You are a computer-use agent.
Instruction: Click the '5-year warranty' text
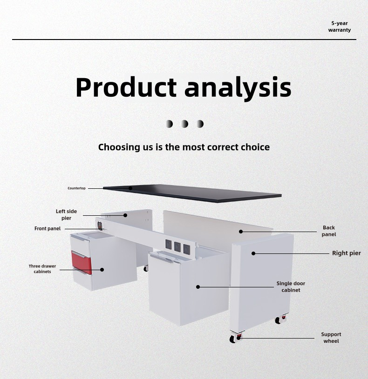click(x=340, y=27)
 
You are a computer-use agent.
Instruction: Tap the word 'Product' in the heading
click(x=126, y=87)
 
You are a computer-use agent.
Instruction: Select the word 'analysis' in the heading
click(x=238, y=88)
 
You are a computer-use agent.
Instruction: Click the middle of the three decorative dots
click(x=184, y=124)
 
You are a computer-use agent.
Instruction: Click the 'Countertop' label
click(x=76, y=188)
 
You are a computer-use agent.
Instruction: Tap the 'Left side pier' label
click(x=66, y=215)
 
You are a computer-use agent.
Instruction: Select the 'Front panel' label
click(x=48, y=229)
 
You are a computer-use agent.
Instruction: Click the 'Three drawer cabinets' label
click(x=42, y=269)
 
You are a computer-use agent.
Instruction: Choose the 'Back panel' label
click(x=329, y=231)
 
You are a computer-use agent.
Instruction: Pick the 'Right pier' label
click(x=347, y=253)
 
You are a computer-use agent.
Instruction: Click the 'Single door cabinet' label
click(x=291, y=286)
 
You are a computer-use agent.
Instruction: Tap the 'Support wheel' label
click(x=331, y=338)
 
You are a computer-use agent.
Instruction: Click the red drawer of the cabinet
click(x=82, y=262)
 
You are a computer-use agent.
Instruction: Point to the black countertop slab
click(x=192, y=193)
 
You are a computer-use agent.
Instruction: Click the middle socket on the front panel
click(x=177, y=246)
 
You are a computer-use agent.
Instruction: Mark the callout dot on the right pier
click(x=253, y=253)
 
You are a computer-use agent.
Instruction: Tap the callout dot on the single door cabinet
click(x=198, y=287)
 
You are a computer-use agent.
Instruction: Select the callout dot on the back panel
click(x=241, y=232)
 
